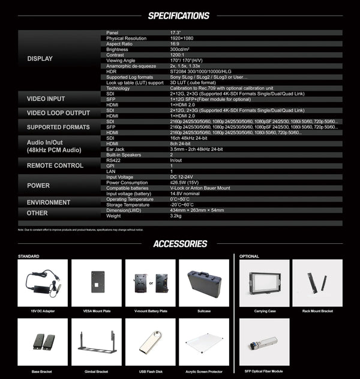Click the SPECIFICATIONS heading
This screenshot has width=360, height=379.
[179, 16]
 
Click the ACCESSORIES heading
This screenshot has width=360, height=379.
[180, 244]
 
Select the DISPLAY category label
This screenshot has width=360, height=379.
[40, 59]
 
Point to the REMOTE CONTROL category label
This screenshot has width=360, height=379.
[55, 165]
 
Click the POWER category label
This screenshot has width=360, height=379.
[38, 186]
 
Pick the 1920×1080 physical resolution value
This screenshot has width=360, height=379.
[186, 38]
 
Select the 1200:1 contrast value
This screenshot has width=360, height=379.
[179, 54]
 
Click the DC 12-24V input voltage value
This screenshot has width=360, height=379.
[182, 177]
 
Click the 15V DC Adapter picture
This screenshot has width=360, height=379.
[43, 283]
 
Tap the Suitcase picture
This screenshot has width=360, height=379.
[204, 283]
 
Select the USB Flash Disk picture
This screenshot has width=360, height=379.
[150, 342]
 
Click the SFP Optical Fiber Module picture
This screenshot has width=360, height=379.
[264, 342]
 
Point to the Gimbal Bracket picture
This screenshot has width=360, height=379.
[96, 342]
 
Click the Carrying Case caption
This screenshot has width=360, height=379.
[264, 311]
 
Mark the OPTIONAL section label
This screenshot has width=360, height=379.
[249, 256]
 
